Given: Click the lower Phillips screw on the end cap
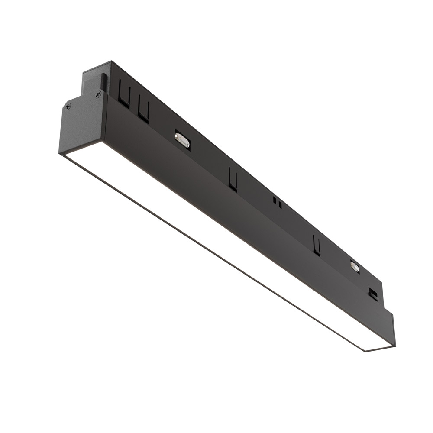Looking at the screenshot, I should [x=68, y=106].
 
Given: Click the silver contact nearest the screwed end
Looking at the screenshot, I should [x=182, y=141].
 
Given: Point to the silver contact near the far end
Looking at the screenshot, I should [x=355, y=266].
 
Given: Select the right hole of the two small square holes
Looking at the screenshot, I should [x=280, y=204].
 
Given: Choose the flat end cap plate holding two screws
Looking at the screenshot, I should [x=82, y=123].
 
